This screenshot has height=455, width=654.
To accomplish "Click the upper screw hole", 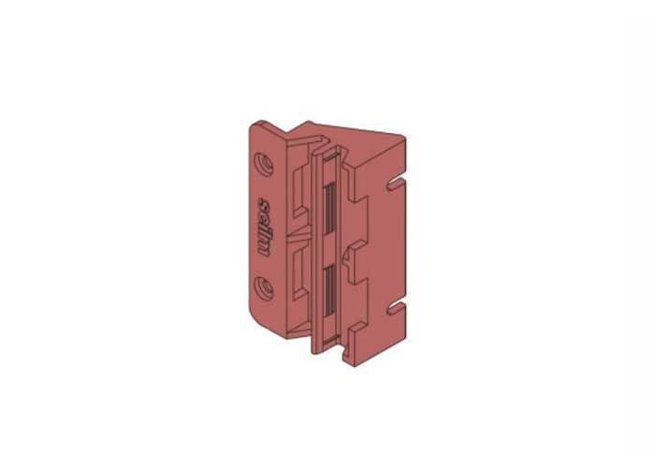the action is pyautogui.click(x=264, y=164).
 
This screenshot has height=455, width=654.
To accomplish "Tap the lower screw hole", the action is pyautogui.click(x=264, y=288).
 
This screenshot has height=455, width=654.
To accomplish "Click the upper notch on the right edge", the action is pyautogui.click(x=396, y=184).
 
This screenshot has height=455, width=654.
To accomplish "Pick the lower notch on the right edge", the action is pyautogui.click(x=396, y=308).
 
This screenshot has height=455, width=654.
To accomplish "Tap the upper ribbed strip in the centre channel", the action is pyautogui.click(x=330, y=208).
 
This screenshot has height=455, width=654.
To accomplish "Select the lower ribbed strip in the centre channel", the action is pyautogui.click(x=330, y=290).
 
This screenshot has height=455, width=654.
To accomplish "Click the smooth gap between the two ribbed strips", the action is pyautogui.click(x=330, y=249).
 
